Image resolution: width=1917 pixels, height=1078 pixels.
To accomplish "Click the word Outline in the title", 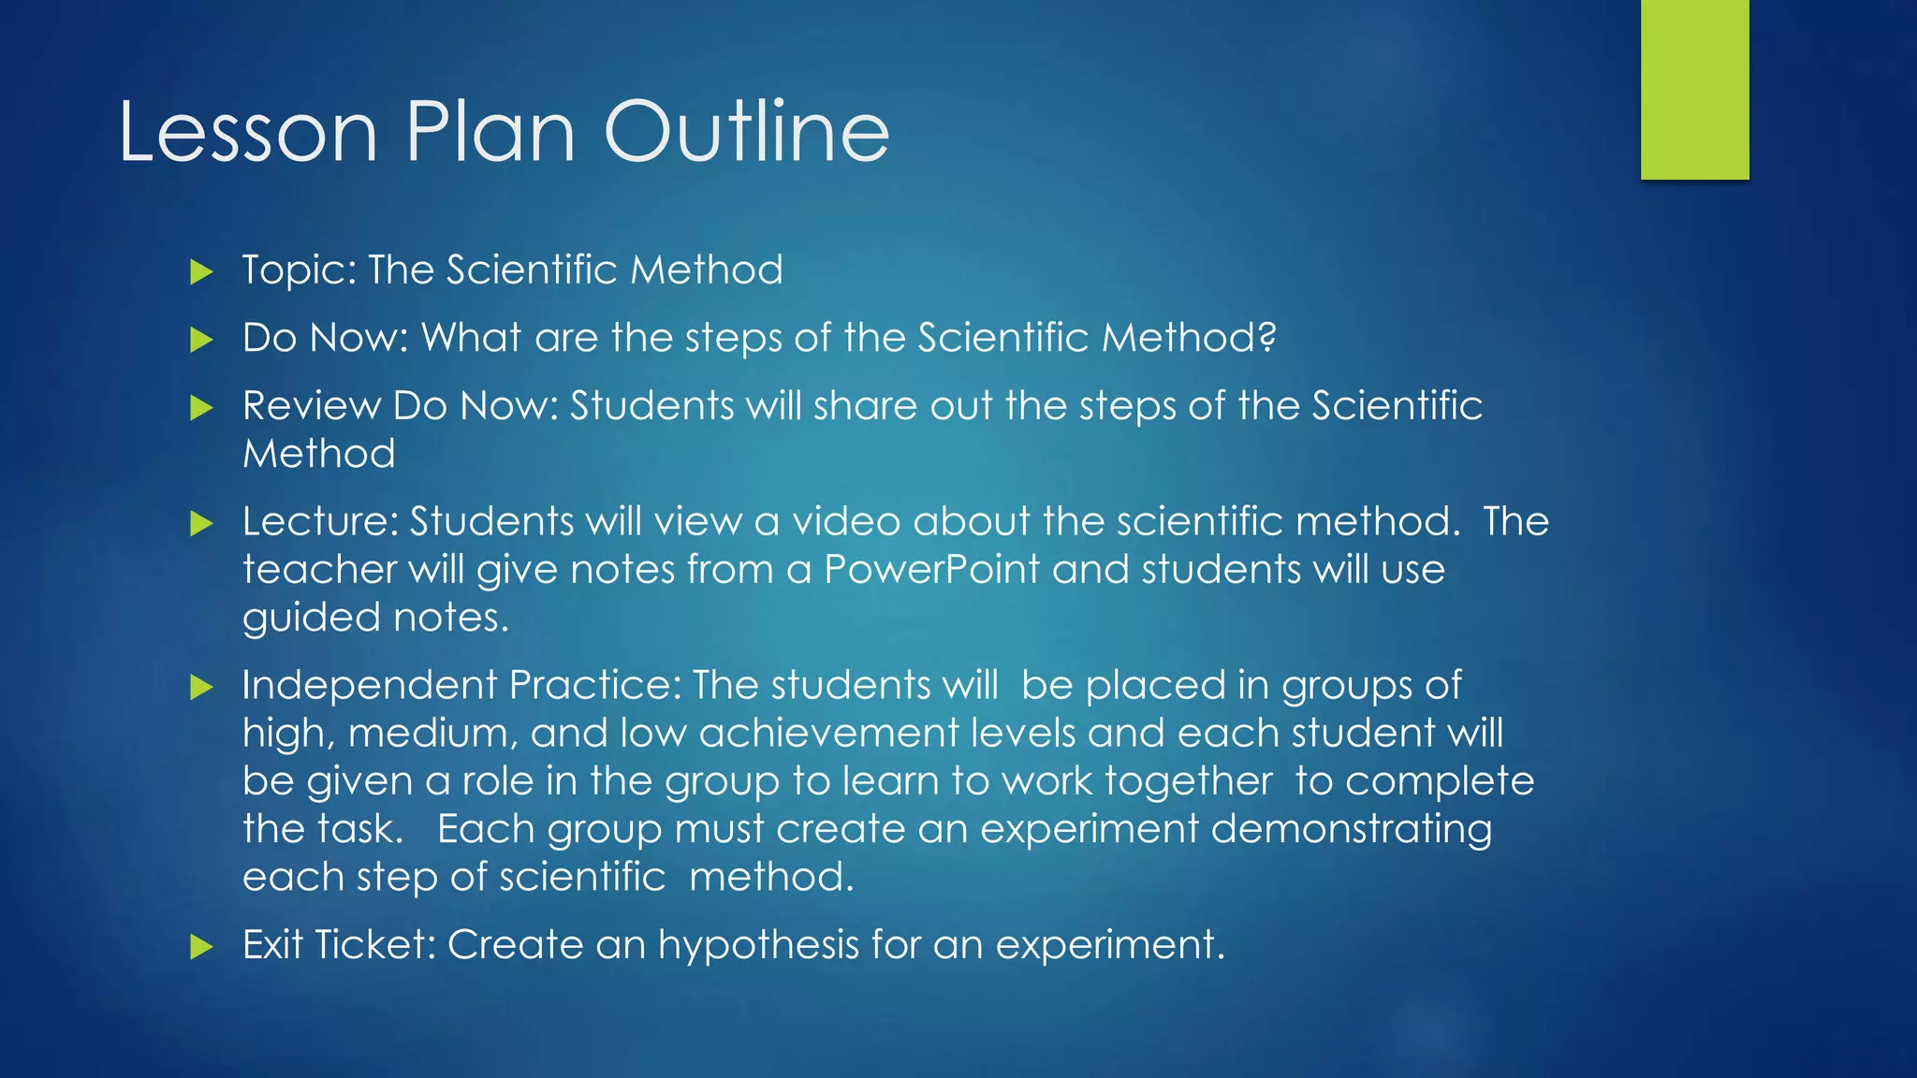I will point(746,132).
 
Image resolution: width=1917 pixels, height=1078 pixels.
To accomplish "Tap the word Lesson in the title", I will point(248,132).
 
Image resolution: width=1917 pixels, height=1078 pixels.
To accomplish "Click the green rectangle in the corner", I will point(1694,89).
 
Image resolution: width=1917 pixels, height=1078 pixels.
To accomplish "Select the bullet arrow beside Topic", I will point(201,272).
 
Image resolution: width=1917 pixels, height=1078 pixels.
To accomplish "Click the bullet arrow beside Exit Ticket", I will point(201,947).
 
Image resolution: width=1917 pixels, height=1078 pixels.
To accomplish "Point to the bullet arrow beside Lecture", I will point(201,523).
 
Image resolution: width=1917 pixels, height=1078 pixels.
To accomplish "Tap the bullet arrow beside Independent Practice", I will point(201,688).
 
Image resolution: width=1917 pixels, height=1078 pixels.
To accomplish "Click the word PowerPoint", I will point(931,569).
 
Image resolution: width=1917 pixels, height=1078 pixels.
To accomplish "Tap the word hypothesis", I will point(758,945).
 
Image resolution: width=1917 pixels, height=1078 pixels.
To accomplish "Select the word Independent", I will point(369,686).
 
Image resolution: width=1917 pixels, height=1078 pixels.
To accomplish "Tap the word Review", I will point(311,406).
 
